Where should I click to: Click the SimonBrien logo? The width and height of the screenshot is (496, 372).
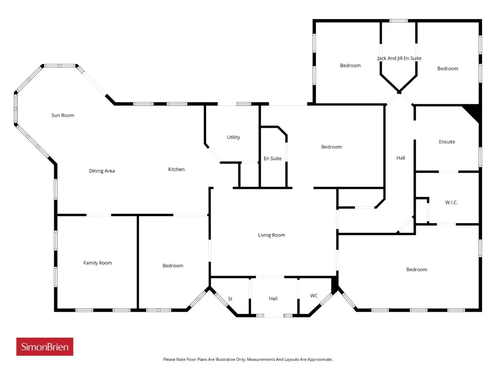[45, 346]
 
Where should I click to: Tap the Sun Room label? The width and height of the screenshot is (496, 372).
[63, 115]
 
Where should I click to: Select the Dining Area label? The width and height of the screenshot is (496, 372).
[102, 171]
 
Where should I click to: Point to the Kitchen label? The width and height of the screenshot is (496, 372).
[176, 169]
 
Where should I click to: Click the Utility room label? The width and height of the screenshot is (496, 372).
[233, 137]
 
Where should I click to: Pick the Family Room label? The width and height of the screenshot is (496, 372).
[98, 263]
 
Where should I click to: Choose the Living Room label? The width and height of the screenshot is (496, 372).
[272, 235]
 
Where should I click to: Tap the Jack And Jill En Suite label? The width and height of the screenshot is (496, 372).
[399, 58]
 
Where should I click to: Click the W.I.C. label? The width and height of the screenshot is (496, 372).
[451, 202]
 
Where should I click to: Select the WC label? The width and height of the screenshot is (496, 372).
[314, 296]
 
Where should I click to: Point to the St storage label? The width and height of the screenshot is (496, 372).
[230, 299]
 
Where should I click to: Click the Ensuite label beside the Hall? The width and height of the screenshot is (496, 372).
[447, 142]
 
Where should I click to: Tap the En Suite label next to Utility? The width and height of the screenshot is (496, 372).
[272, 158]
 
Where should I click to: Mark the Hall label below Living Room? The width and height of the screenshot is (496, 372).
[273, 299]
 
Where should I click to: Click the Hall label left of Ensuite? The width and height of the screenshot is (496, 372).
[401, 158]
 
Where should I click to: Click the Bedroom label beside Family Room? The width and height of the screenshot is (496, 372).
[173, 265]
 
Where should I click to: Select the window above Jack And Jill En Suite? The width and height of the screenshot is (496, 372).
[399, 21]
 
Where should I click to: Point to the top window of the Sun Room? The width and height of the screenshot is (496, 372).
[60, 66]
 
